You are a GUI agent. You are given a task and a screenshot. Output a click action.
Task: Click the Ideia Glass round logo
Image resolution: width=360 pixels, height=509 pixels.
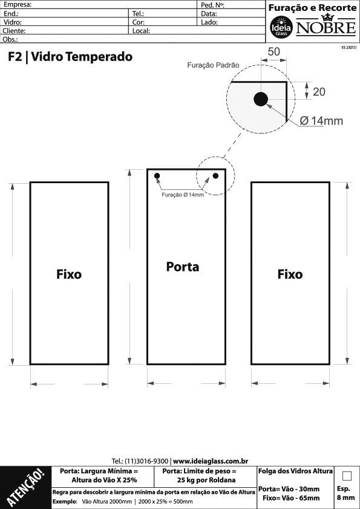[281, 27]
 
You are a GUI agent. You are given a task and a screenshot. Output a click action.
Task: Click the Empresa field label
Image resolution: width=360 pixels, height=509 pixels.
[18, 5]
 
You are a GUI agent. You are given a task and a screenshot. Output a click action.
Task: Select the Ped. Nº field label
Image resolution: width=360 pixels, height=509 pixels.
[213, 5]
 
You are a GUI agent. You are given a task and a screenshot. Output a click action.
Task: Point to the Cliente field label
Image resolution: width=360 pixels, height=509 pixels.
[14, 31]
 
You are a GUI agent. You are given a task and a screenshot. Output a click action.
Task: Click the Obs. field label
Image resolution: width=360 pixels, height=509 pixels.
[10, 39]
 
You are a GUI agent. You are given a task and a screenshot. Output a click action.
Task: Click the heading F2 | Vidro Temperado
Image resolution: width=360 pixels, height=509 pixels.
[70, 56]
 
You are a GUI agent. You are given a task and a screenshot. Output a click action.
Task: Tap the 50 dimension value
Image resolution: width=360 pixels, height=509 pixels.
[273, 51]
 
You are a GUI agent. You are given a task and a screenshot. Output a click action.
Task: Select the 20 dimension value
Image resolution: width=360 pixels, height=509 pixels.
[319, 92]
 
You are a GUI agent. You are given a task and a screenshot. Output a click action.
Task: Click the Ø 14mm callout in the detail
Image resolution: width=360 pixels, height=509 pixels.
[321, 121]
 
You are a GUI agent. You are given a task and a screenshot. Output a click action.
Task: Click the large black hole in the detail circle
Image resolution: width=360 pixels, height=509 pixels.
[261, 99]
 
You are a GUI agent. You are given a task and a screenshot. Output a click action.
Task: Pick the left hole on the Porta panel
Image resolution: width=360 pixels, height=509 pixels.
[157, 176]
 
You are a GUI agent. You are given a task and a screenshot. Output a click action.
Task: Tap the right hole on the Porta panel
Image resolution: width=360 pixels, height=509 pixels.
[215, 176]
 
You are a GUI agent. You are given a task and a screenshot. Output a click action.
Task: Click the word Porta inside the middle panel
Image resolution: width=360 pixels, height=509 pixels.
[183, 267]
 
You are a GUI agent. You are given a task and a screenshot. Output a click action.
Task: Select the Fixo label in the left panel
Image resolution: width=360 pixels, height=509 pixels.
[69, 274]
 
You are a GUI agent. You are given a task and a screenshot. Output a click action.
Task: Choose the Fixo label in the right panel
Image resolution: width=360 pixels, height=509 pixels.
[290, 274]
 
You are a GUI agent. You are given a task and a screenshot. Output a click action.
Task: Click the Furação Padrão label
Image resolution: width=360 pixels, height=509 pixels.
[213, 65]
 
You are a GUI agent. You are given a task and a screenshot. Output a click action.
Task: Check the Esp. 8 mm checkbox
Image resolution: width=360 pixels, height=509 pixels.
[347, 476]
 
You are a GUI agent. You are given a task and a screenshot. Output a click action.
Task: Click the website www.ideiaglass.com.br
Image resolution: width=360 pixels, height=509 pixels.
[211, 461]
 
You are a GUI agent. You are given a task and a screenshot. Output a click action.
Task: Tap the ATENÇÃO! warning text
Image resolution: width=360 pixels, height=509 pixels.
[25, 487]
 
